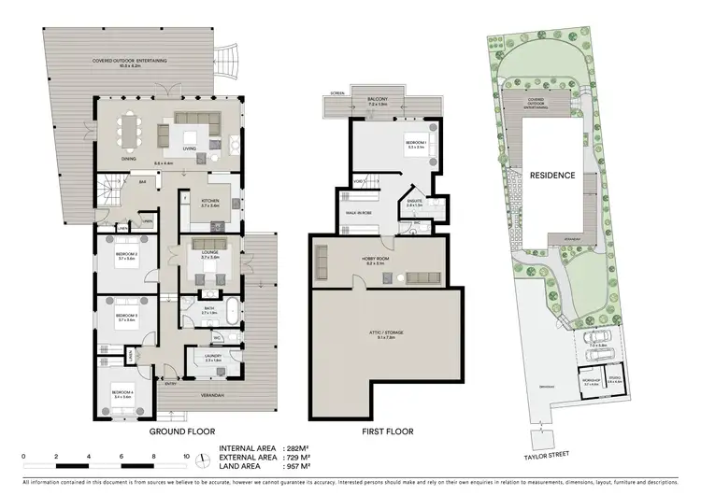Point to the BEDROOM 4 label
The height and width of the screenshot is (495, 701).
[122, 392]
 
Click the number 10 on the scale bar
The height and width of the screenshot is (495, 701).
[188, 457]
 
